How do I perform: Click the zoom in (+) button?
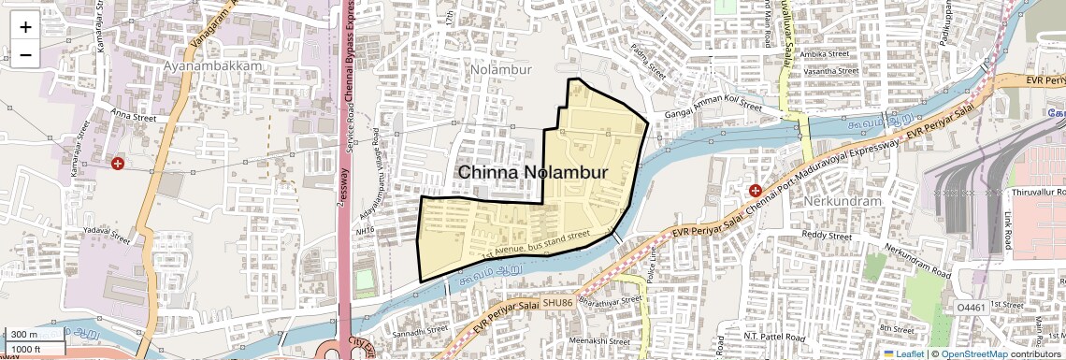[25, 27]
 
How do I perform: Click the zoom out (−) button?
[25, 55]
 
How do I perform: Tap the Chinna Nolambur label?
[533, 173]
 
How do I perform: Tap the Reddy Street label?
[827, 237]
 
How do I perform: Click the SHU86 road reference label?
[556, 303]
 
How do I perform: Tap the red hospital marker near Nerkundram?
[755, 191]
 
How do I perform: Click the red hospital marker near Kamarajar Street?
[118, 164]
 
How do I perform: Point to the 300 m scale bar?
[36, 335]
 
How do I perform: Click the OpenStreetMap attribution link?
[974, 354]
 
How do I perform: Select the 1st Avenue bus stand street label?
[536, 244]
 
